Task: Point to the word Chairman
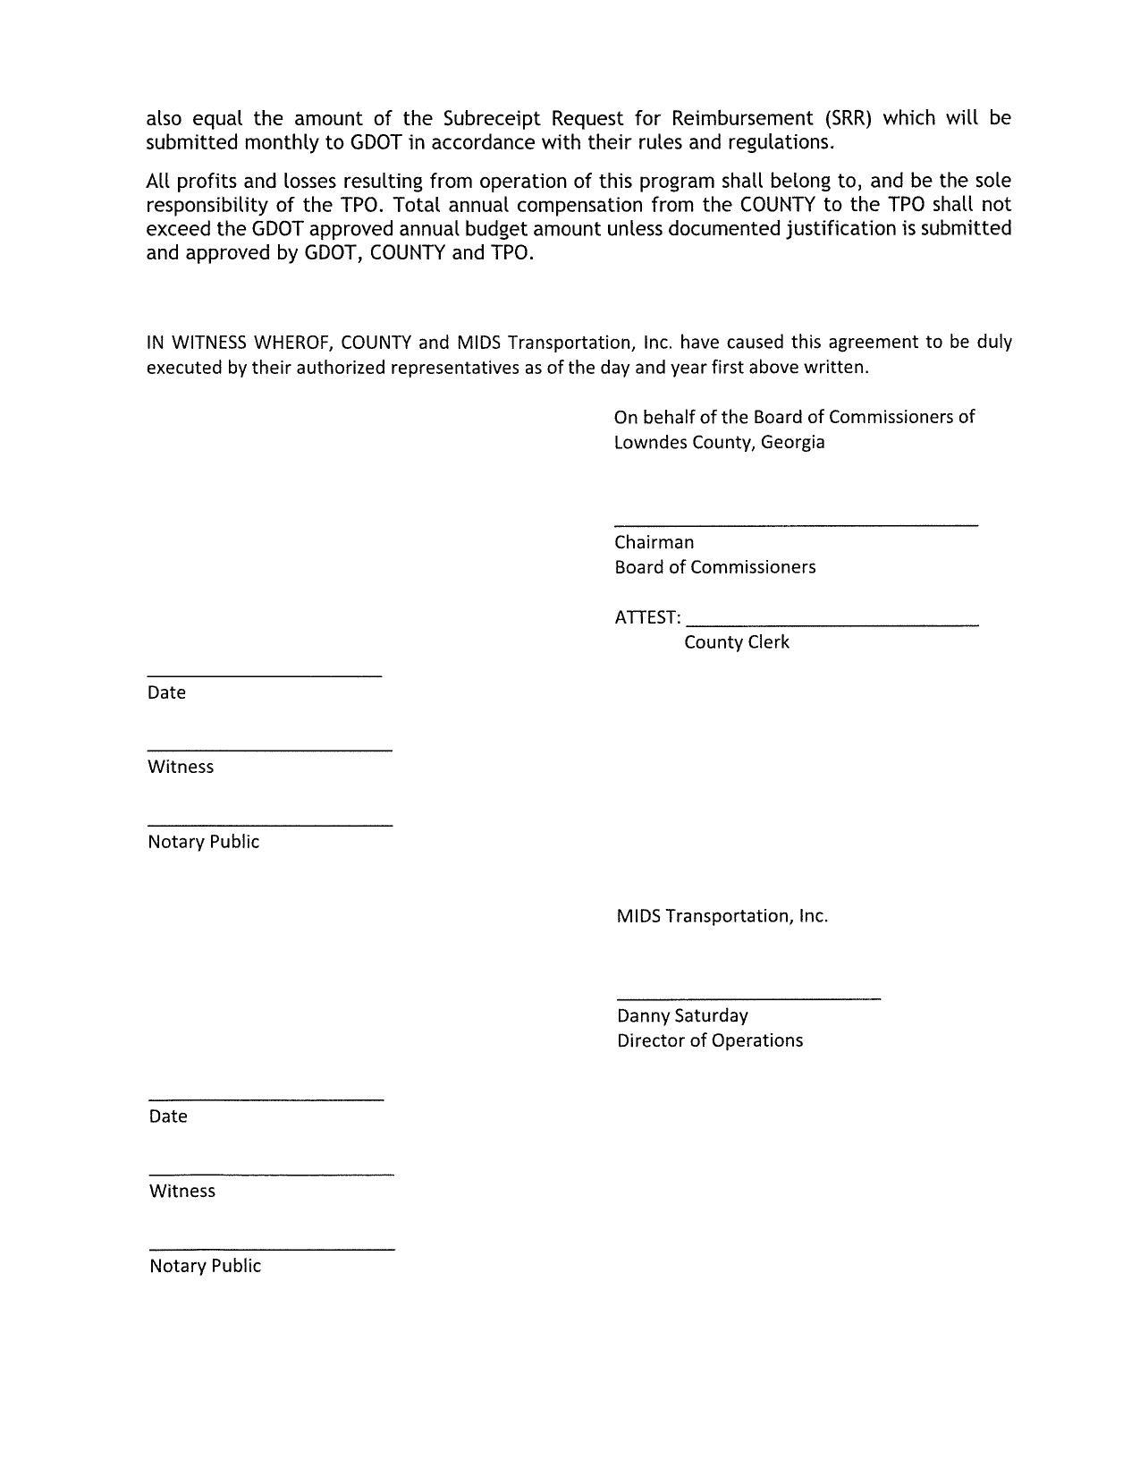(x=654, y=542)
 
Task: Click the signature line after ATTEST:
(x=833, y=623)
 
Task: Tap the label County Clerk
(x=736, y=642)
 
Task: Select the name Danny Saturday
(x=682, y=1015)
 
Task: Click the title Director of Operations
(x=709, y=1040)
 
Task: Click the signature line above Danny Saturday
(x=748, y=997)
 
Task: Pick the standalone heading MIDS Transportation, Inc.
(x=722, y=916)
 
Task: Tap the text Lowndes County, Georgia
(x=719, y=442)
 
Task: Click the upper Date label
(x=166, y=692)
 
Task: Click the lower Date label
(x=168, y=1116)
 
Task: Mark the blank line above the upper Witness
(x=269, y=750)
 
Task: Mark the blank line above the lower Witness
(x=271, y=1174)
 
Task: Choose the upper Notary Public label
(x=203, y=842)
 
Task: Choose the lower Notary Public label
(x=205, y=1266)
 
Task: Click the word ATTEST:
(x=647, y=617)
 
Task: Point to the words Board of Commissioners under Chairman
(x=714, y=567)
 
